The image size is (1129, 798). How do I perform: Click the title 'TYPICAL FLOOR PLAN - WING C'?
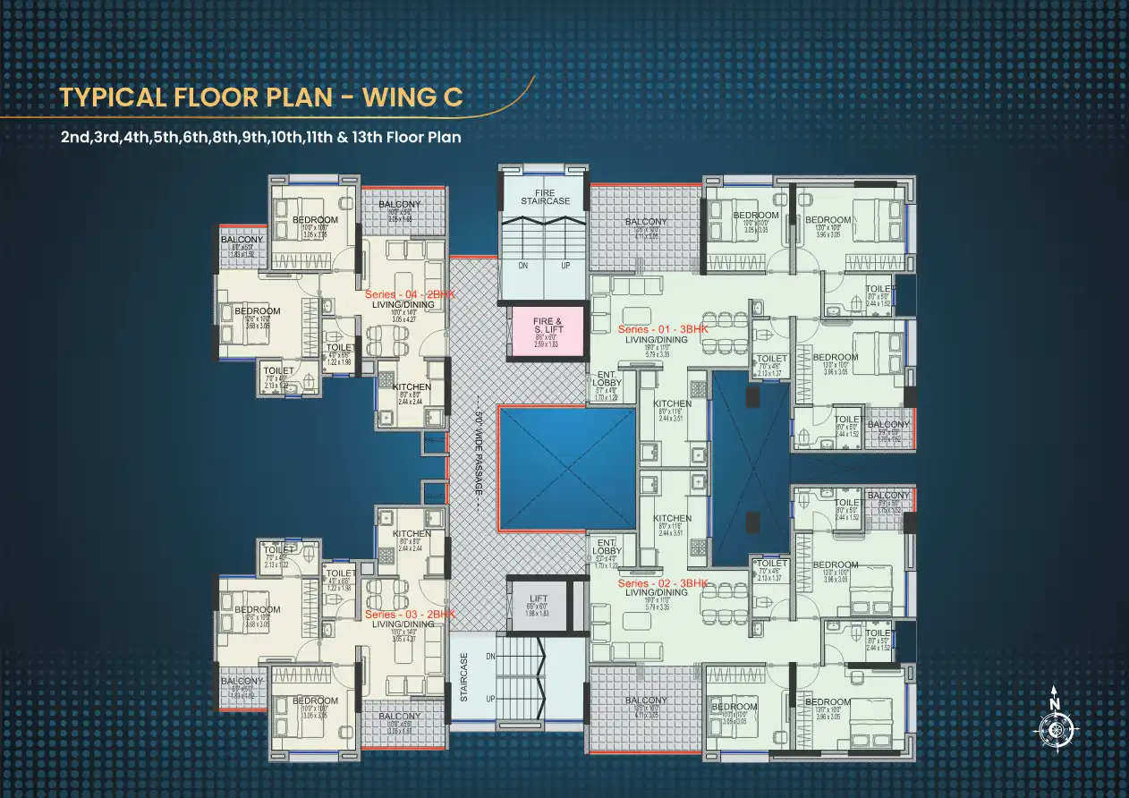pos(261,98)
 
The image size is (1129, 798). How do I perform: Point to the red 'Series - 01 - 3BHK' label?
pos(663,330)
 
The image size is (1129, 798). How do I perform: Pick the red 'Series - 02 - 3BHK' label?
pos(663,583)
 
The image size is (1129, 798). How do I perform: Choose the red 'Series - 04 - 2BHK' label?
pos(410,294)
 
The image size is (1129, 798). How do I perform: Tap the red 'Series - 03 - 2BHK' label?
pos(410,615)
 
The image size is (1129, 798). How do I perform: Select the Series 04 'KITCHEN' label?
pos(412,387)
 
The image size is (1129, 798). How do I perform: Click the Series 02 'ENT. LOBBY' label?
pos(607,547)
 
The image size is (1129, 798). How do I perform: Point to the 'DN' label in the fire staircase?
pos(522,266)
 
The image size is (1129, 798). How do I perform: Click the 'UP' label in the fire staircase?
pos(564,266)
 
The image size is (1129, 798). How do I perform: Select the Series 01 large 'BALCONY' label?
pos(646,222)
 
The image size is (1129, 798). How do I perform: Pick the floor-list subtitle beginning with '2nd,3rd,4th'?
pos(260,139)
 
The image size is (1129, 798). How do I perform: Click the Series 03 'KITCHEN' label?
pos(412,534)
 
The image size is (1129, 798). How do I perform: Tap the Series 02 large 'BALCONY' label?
pos(646,700)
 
